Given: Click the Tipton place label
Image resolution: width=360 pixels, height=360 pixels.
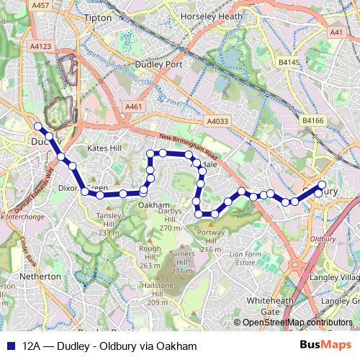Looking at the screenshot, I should click(98, 17).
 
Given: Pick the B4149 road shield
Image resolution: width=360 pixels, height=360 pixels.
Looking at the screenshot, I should click(289, 63).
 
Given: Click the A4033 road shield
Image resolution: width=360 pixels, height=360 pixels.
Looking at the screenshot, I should click(217, 122).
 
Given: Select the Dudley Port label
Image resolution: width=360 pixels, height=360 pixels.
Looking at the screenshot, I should click(163, 63).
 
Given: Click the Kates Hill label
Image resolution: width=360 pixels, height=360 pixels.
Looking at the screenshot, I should click(104, 148).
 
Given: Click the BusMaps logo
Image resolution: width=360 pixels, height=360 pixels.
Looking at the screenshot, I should click(325, 346).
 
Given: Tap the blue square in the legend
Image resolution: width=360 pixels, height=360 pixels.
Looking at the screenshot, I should click(11, 346).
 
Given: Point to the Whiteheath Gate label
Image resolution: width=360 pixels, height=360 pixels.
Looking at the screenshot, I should click(264, 305).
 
